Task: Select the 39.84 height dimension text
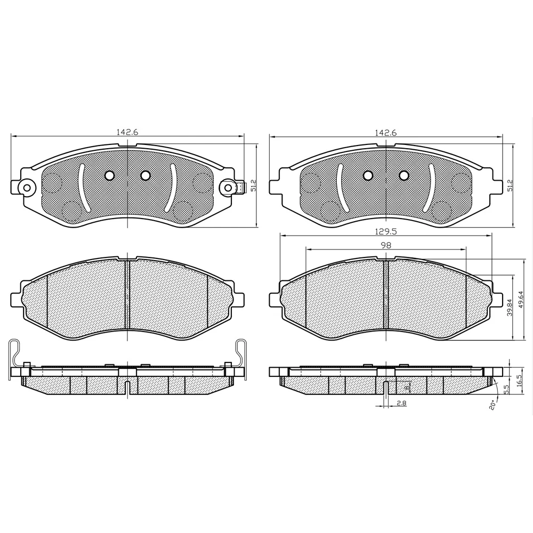click(510, 308)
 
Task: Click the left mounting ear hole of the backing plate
click(24, 187)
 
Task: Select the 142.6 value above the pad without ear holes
click(385, 133)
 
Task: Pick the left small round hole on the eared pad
click(110, 175)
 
